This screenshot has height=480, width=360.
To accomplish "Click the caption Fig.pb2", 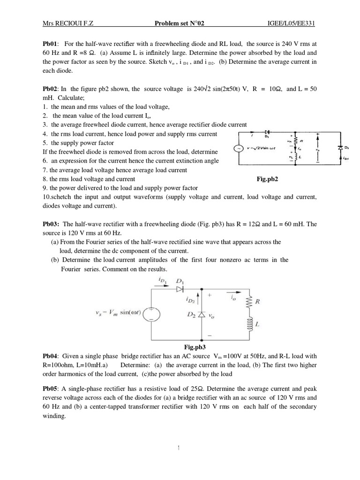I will tap(268, 179).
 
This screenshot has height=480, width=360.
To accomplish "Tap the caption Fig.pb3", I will tap(196, 347).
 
